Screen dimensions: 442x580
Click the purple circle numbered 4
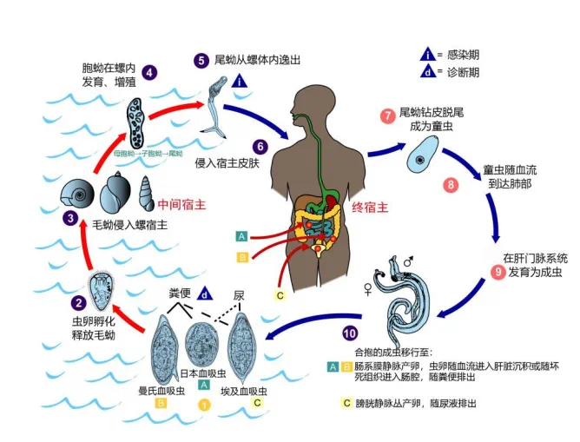point(150,73)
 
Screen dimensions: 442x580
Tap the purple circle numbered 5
point(201,60)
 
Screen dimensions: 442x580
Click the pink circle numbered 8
point(450,184)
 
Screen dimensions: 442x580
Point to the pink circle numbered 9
point(498,271)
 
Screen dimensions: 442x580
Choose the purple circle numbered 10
point(350,333)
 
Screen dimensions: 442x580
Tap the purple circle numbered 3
point(70,219)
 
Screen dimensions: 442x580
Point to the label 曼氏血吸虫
point(161,392)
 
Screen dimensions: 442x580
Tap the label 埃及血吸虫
point(248,392)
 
